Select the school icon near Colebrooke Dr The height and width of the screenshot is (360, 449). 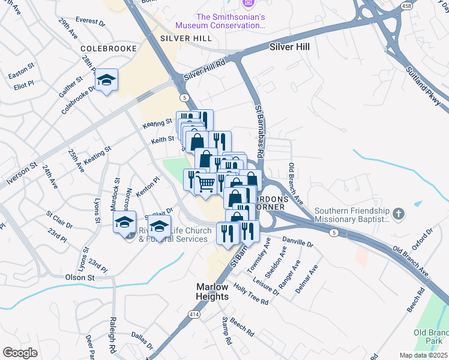click(106, 80)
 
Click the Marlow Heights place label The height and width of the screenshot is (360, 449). click(212, 292)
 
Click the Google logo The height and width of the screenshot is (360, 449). click(20, 353)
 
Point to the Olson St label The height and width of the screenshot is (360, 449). click(80, 277)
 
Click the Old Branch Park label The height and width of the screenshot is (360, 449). click(431, 337)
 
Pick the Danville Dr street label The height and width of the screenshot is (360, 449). click(298, 242)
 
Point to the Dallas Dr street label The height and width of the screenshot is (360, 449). click(142, 341)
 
